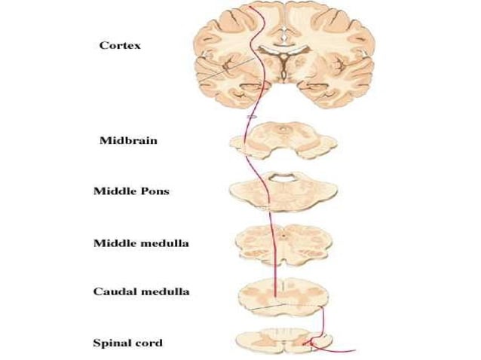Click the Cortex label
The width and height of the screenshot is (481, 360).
[x=120, y=45]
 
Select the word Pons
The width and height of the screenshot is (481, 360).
[x=153, y=191]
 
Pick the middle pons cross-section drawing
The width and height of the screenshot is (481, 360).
[x=283, y=192]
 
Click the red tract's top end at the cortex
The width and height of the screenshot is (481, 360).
[x=257, y=6]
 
